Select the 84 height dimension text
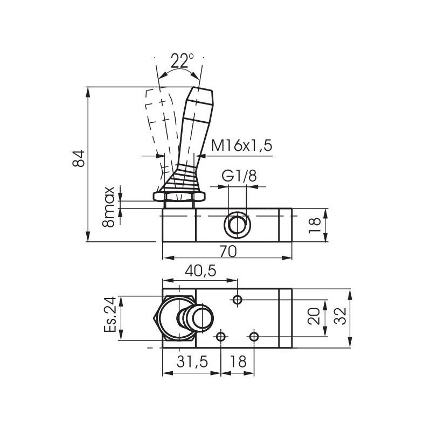(79, 158)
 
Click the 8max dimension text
(109, 206)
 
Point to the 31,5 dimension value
(192, 362)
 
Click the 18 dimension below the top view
(238, 362)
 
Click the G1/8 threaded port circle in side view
(237, 224)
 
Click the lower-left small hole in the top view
(220, 337)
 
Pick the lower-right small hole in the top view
(255, 337)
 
